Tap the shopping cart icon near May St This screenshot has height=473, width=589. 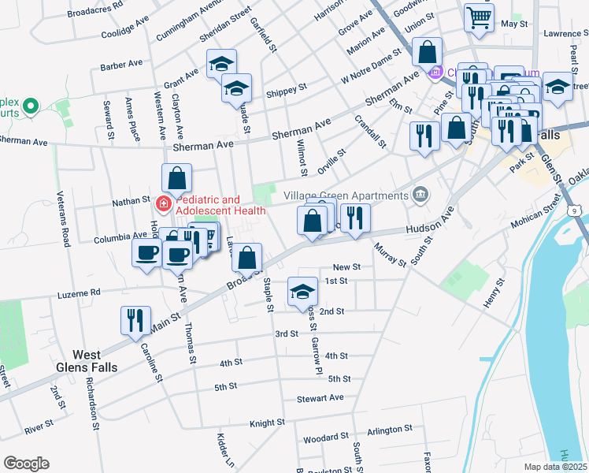pos(478,17)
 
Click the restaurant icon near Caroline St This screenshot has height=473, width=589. pos(134,319)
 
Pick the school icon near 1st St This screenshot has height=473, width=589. pos(303,291)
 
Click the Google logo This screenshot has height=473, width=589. pos(26,464)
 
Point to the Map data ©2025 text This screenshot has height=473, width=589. pos(555,467)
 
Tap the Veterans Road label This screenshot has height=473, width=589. pos(64,228)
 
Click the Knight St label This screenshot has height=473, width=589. pos(267,423)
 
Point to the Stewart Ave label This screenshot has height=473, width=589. pos(320,398)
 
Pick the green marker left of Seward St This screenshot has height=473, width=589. pos(31,105)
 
